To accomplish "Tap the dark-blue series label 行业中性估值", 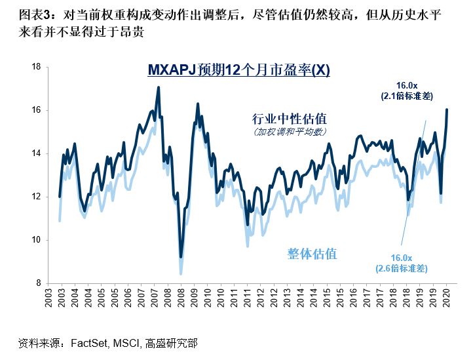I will click(x=290, y=119).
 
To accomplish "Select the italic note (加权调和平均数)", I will click(x=290, y=131).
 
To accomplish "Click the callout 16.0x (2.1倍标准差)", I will click(x=405, y=90).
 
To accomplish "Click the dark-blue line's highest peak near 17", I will click(x=158, y=87).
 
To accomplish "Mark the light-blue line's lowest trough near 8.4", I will click(x=181, y=274).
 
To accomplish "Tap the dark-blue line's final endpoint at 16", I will click(x=447, y=110).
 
